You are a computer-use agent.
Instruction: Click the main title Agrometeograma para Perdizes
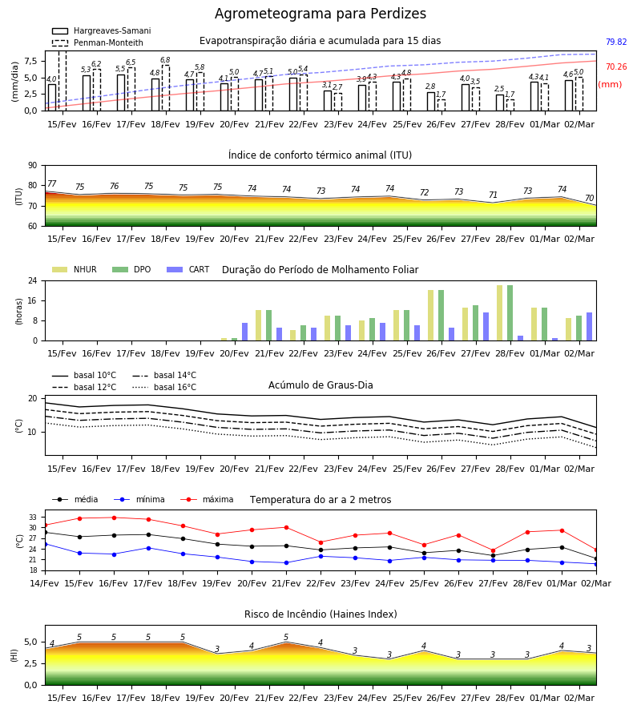(x=320, y=14)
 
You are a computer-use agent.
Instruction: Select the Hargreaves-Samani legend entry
(x=102, y=30)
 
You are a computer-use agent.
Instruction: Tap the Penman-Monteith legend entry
(x=98, y=42)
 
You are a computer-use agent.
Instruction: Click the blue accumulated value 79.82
(x=616, y=42)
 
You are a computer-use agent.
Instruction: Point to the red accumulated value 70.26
(x=616, y=66)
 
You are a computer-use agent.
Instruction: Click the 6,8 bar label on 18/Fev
(x=165, y=60)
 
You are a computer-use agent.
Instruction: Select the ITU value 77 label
(x=51, y=183)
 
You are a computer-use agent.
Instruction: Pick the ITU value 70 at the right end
(x=589, y=198)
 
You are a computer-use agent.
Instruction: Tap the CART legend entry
(x=188, y=269)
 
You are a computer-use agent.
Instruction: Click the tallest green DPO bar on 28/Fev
(x=510, y=313)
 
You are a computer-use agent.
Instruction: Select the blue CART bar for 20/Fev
(x=244, y=332)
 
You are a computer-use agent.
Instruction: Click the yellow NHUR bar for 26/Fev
(x=431, y=316)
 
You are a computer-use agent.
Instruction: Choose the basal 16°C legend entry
(x=164, y=387)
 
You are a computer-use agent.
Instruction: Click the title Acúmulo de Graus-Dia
(x=320, y=385)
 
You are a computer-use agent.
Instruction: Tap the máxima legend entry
(x=207, y=499)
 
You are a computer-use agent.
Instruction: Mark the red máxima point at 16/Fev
(x=114, y=518)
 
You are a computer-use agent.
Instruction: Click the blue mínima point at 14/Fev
(x=45, y=544)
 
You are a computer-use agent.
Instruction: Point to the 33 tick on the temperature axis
(x=33, y=518)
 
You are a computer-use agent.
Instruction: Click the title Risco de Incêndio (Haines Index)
(x=320, y=614)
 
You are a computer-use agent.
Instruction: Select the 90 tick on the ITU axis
(x=32, y=166)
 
